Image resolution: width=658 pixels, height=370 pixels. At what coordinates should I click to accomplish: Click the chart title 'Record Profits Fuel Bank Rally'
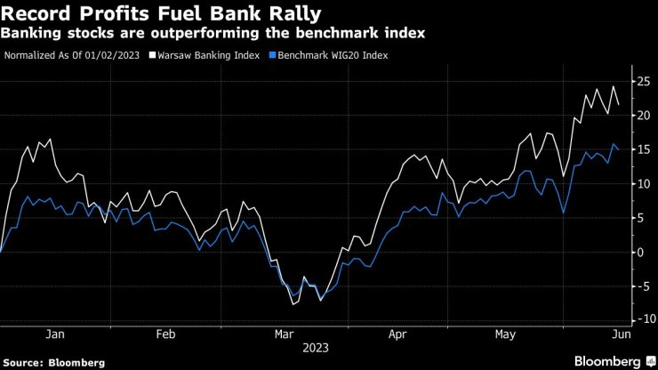tap(161, 13)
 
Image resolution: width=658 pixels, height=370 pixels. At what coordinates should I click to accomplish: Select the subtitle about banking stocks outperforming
tap(213, 34)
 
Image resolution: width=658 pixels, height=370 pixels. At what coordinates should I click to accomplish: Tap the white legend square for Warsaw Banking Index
tap(152, 55)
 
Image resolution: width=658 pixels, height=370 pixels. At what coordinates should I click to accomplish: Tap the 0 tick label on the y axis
tap(638, 252)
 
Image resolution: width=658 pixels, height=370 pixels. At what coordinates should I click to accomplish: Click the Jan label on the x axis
tap(54, 334)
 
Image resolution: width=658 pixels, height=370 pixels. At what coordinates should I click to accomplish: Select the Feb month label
tap(165, 334)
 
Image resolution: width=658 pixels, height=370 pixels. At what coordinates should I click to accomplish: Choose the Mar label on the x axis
tap(285, 334)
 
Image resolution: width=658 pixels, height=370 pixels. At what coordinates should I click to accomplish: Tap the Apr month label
tap(398, 334)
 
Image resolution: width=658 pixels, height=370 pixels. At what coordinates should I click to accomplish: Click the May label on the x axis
tap(506, 334)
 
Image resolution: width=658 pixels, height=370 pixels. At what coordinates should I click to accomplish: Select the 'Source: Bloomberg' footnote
tap(53, 362)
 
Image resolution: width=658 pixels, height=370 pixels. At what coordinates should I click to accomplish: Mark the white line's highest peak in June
tap(613, 86)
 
